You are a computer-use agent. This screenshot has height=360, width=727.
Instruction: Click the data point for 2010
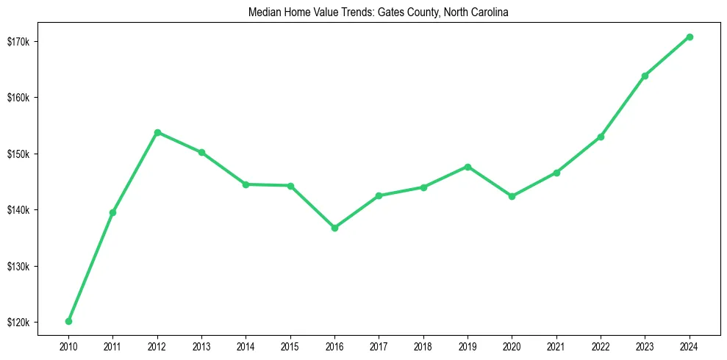click(68, 321)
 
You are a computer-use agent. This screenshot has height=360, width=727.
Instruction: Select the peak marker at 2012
click(157, 132)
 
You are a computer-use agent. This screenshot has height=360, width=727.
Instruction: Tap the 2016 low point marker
click(334, 228)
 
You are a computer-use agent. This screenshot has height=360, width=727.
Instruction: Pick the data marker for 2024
click(690, 37)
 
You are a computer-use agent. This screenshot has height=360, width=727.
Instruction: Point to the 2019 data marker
click(468, 167)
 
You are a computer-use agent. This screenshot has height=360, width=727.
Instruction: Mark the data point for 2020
click(512, 196)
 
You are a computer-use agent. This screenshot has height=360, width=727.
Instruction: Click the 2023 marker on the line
click(645, 76)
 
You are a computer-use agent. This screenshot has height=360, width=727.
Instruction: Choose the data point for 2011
click(112, 212)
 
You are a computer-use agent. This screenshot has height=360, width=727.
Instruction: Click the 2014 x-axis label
click(246, 345)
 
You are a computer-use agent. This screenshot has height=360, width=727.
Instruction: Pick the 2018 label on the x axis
click(423, 345)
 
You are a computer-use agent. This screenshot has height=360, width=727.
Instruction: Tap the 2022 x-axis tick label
click(601, 345)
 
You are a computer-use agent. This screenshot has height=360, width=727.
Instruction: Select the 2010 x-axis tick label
click(68, 345)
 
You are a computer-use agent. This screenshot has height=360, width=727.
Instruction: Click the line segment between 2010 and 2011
click(90, 267)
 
